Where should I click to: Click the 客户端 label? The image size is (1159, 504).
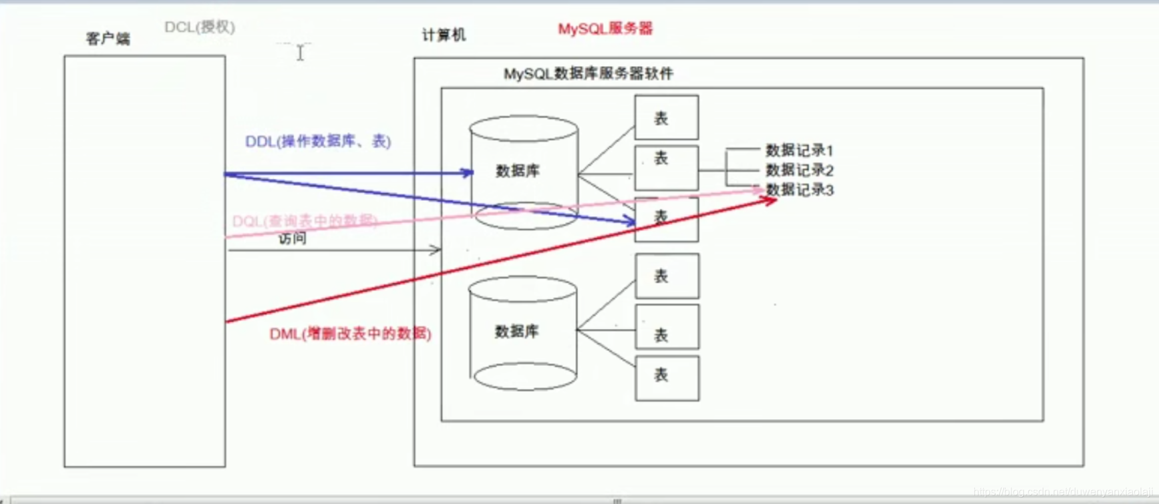click(x=108, y=39)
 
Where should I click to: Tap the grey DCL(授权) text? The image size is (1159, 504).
click(x=200, y=27)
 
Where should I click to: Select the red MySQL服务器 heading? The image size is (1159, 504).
click(x=605, y=29)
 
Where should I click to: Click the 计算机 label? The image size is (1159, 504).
click(x=444, y=35)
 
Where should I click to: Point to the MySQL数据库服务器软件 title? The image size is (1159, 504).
click(x=588, y=73)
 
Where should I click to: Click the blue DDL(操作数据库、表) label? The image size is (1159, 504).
click(x=318, y=142)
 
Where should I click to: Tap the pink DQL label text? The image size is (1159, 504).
click(x=305, y=221)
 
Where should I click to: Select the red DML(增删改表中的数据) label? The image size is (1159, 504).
click(x=350, y=334)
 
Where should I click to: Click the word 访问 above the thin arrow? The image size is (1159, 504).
click(x=293, y=238)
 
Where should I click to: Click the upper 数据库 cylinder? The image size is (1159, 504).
click(x=524, y=172)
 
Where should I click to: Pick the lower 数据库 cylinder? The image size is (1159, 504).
click(x=522, y=332)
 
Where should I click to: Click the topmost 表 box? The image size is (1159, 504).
click(x=666, y=117)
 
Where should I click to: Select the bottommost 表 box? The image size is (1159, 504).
click(x=667, y=378)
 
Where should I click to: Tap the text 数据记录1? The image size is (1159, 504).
click(x=799, y=150)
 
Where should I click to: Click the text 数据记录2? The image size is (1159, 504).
click(x=799, y=170)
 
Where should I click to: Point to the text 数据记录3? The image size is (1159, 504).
click(x=799, y=190)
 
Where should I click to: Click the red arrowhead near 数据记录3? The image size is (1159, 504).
click(x=770, y=200)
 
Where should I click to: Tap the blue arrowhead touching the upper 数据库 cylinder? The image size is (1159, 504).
click(x=468, y=173)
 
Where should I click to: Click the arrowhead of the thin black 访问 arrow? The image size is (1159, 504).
click(x=436, y=250)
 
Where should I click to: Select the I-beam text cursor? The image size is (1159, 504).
click(x=301, y=53)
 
